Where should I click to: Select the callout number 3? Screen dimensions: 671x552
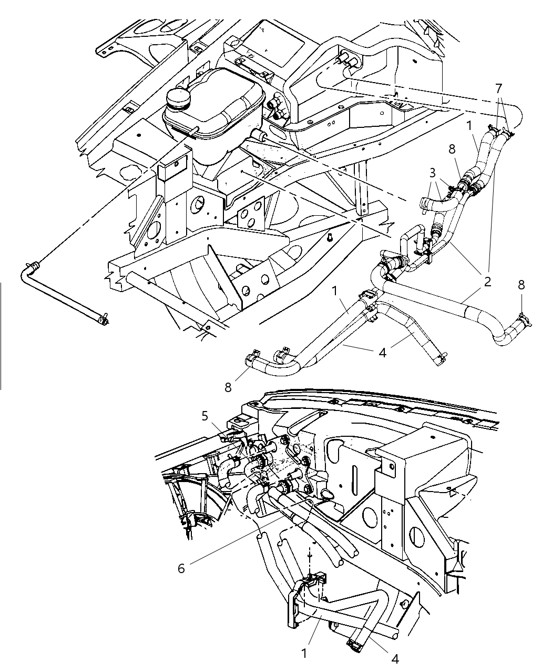432,173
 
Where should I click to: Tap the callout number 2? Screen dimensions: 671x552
487,281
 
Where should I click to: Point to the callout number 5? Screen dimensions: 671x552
206,416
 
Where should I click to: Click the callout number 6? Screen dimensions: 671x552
181,568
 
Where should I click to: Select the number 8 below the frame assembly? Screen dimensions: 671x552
228,387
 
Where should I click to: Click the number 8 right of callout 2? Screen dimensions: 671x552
521,285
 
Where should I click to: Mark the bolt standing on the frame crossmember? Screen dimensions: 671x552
329,238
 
